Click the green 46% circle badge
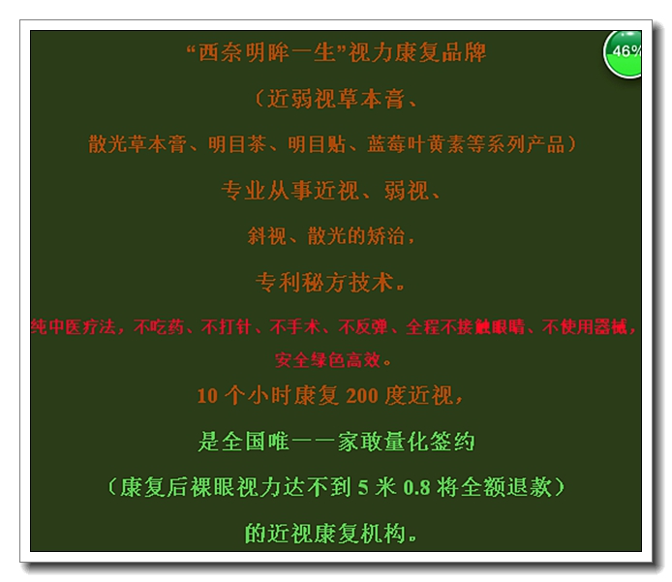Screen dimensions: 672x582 coord(623,54)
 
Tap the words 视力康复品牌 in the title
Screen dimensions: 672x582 coord(417,53)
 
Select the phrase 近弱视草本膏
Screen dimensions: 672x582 coord(336,99)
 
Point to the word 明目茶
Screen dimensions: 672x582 coord(237,144)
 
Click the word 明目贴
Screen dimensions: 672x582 coord(317,144)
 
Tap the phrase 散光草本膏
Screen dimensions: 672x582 coord(137,144)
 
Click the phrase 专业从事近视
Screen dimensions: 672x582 coord(290,191)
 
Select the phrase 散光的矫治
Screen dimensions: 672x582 coord(356,236)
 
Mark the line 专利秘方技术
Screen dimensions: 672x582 coord(324,283)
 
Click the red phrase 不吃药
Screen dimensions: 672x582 coord(159,327)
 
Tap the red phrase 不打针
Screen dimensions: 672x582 coord(226,327)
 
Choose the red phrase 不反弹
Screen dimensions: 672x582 coord(362,327)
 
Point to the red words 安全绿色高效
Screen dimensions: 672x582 coord(328,360)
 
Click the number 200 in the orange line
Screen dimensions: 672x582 coord(362,395)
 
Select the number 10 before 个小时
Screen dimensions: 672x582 coord(207,395)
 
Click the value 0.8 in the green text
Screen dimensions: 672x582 coord(416,487)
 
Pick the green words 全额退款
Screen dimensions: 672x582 coord(505,487)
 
